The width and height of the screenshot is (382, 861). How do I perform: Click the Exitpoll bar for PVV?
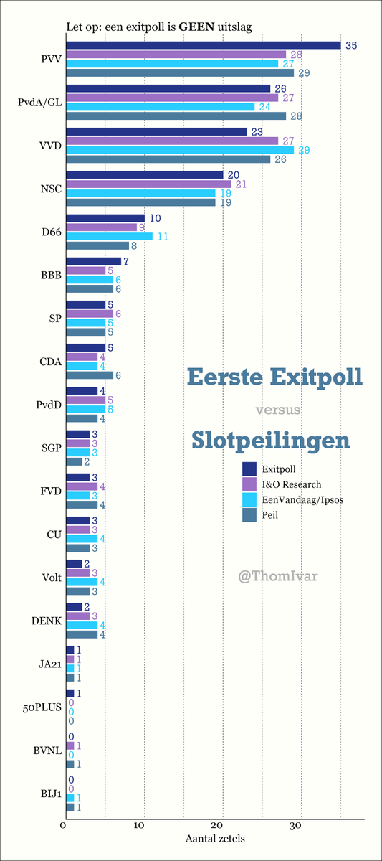pos(203,45)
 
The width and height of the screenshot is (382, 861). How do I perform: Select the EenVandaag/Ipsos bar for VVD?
pos(179,149)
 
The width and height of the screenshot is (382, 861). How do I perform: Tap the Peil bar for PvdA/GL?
pos(176,116)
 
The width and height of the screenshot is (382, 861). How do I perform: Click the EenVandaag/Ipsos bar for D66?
pos(109,236)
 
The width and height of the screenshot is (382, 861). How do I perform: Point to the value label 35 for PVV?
pos(350,45)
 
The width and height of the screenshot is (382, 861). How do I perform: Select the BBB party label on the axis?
pos(51,275)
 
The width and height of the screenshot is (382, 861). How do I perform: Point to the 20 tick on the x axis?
pos(222,825)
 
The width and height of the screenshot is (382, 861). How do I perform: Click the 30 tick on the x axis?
pos(300,825)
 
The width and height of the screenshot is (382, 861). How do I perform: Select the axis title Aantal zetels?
pos(215,837)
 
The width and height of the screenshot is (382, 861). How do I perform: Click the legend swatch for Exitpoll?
pos(249,469)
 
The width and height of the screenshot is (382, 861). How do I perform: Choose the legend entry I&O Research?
pos(292,484)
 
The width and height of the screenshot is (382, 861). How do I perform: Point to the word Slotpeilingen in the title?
pos(271,440)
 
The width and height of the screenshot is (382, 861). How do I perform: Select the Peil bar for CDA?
pos(90,375)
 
